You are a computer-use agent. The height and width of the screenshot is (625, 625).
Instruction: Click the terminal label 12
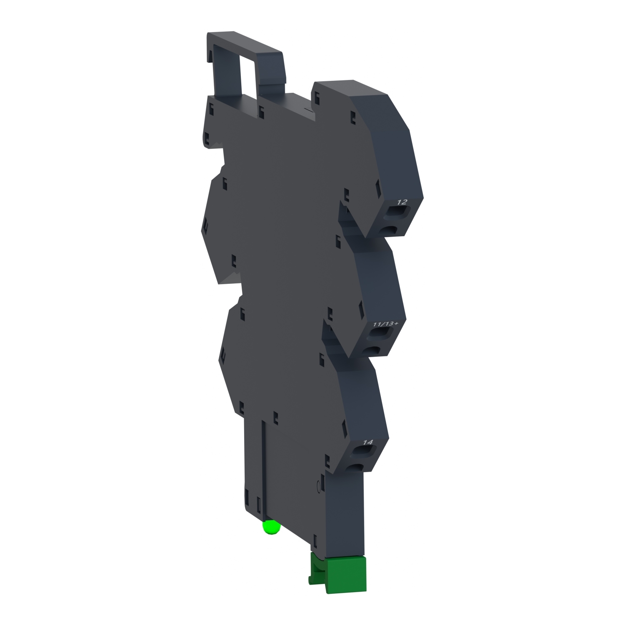402,202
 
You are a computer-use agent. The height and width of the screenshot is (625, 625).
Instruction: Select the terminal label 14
368,442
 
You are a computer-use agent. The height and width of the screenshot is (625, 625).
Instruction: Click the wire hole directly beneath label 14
363,451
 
